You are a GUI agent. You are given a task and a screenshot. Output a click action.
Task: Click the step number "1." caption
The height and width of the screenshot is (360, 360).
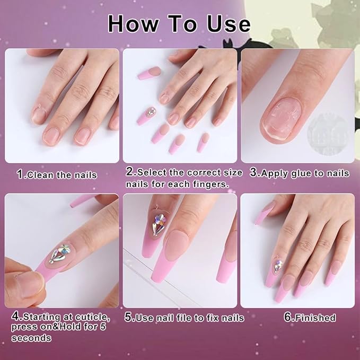pos(21,174)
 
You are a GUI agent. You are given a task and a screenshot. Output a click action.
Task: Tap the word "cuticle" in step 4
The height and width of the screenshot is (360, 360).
pos(91,317)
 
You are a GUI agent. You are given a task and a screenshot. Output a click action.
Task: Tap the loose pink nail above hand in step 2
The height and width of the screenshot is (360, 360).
pos(149,72)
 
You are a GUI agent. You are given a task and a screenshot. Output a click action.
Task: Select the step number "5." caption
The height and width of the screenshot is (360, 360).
pos(129,318)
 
